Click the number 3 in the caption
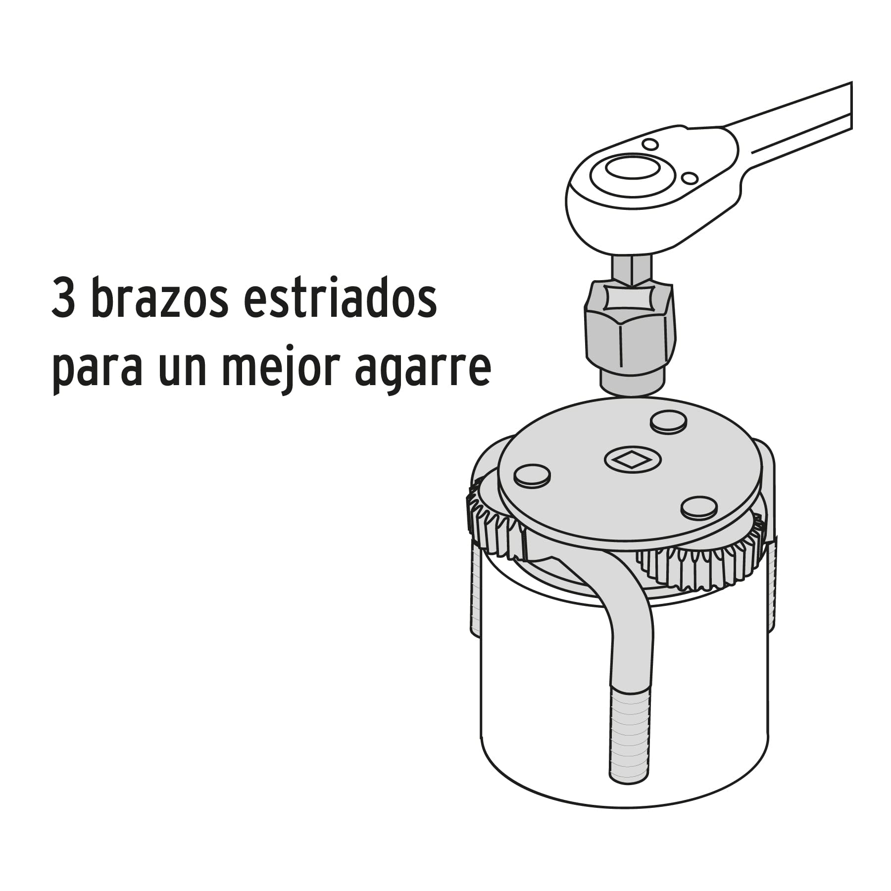tap(63, 300)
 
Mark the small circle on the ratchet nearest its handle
tap(689, 177)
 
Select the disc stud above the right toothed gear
tap(698, 507)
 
